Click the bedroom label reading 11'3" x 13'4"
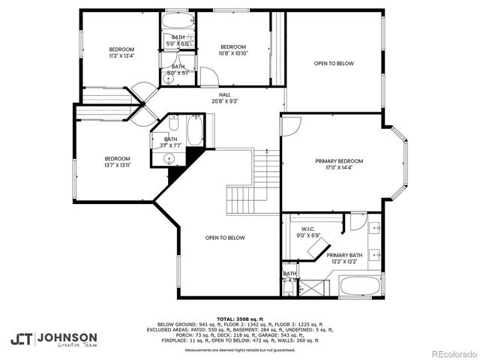120,52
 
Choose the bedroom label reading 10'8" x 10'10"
233,49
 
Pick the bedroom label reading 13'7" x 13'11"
117,162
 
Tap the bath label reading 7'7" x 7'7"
171,142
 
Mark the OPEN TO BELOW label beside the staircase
225,238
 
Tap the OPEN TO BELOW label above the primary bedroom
333,64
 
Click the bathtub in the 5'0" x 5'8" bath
178,22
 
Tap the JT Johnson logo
54,338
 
